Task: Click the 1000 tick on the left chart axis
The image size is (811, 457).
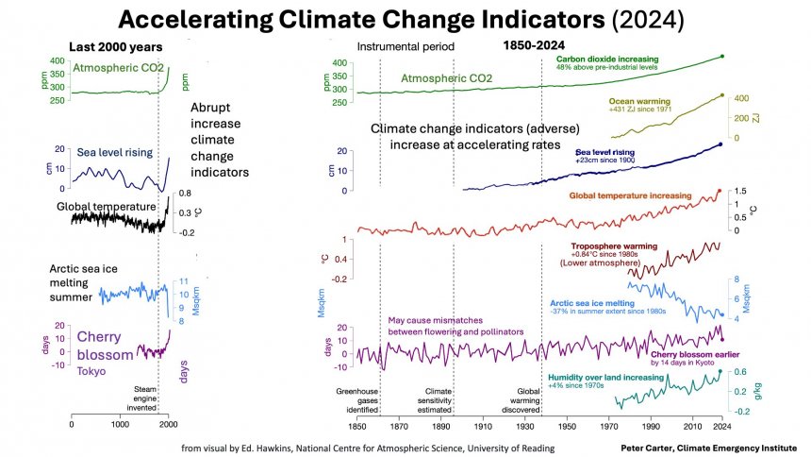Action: point(120,426)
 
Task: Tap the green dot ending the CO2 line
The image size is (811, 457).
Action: point(721,57)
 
